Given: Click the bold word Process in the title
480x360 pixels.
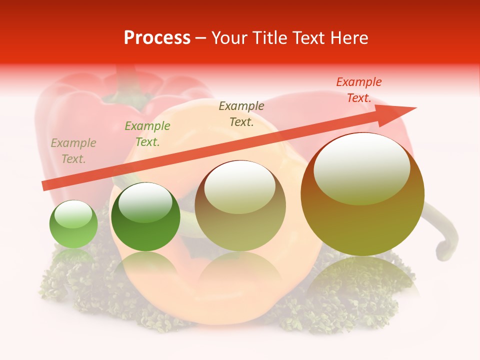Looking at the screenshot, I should tap(157, 38).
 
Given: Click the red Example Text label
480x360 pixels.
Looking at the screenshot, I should tap(358, 90).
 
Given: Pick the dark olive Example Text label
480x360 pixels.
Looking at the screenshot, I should tap(241, 113).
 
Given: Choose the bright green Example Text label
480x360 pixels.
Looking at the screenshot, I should tap(147, 134).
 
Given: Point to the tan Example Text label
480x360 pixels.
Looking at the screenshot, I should tap(73, 151).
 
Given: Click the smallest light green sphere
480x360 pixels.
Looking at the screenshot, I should tap(73, 230).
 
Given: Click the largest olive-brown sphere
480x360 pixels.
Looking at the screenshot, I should tap(362, 220).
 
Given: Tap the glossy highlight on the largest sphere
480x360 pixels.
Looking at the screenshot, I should tap(361, 167).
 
